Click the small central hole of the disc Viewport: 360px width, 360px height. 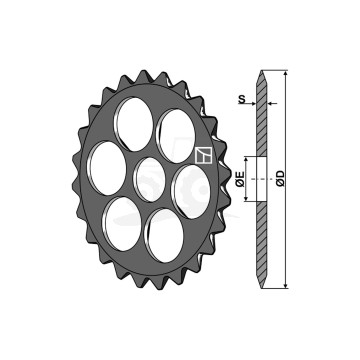(x=150, y=180)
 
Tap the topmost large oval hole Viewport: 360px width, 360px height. (x=134, y=124)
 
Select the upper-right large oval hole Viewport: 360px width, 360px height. (x=176, y=136)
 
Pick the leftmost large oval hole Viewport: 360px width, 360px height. (x=107, y=168)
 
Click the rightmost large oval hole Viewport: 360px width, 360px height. (x=191, y=192)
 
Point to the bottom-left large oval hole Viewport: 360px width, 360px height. (x=122, y=224)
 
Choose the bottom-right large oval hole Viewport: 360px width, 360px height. (x=165, y=236)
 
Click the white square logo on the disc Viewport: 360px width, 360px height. (x=203, y=155)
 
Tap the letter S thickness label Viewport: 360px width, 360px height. (x=242, y=99)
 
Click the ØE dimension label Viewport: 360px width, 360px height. (x=241, y=179)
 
